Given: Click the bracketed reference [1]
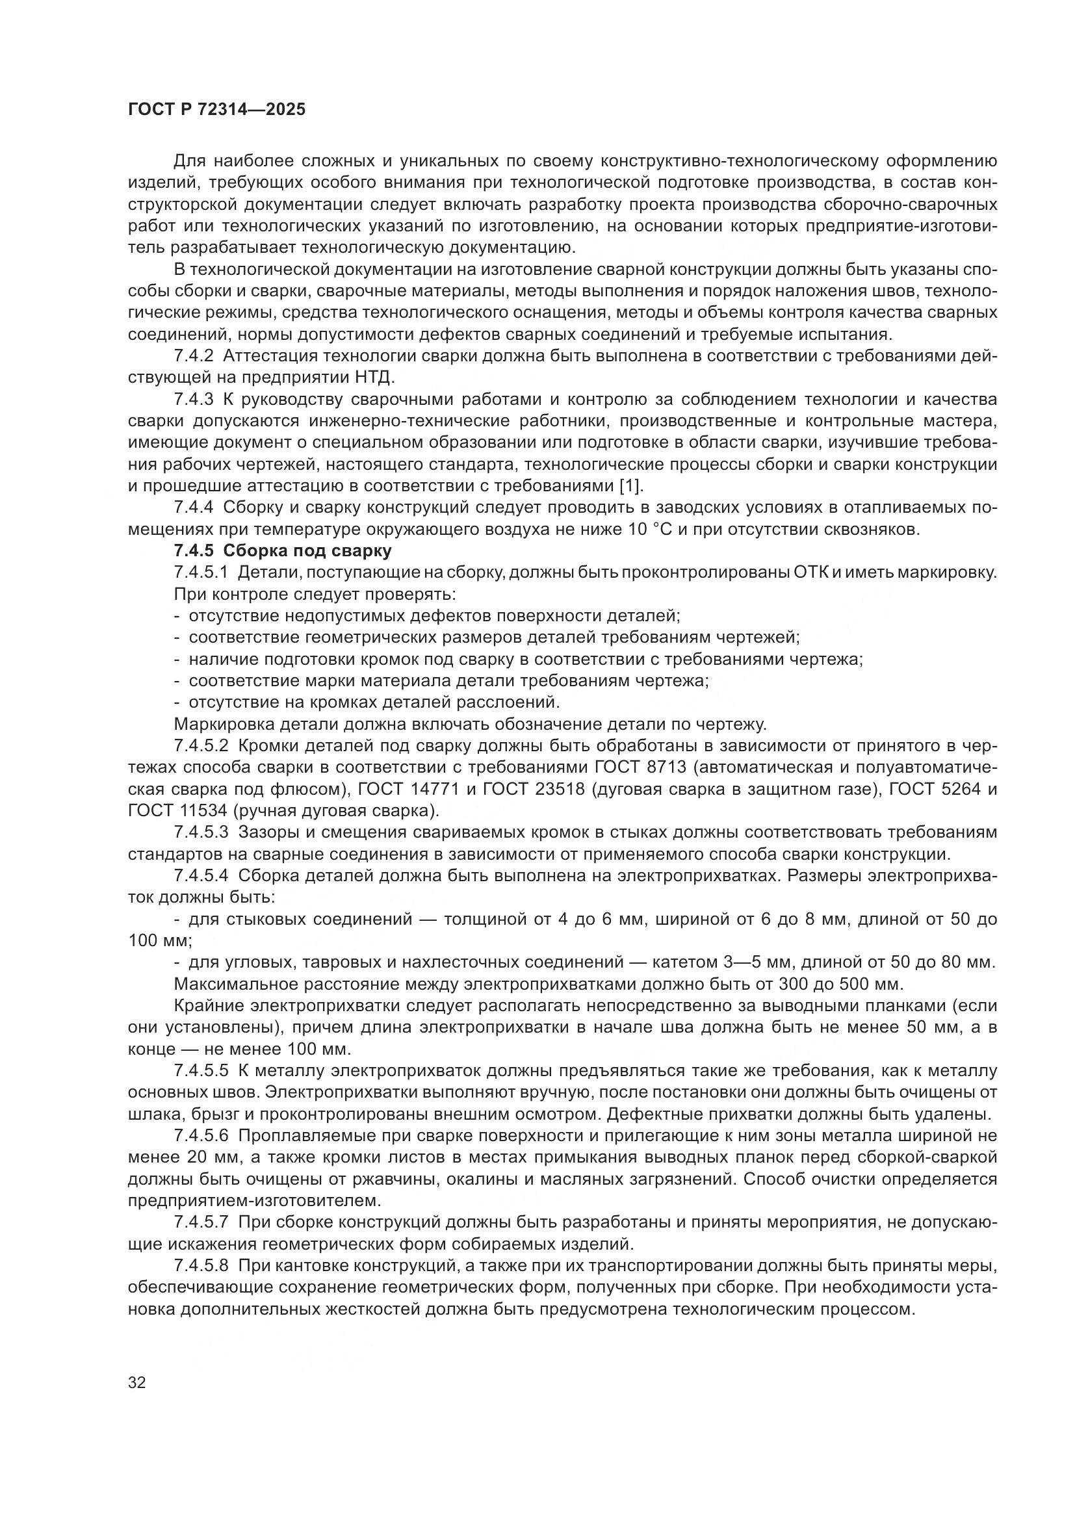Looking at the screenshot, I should point(630,486).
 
